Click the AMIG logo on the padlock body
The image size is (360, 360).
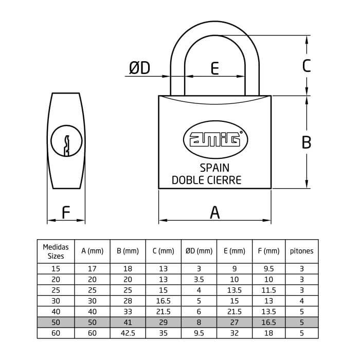tap(215, 139)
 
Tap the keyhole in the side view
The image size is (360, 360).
tap(66, 141)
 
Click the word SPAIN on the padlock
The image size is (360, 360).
tap(214, 168)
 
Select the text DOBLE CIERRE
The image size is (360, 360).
tap(206, 180)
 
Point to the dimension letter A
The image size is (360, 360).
tap(214, 212)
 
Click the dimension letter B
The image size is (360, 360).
tap(307, 142)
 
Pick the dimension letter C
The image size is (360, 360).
tap(307, 66)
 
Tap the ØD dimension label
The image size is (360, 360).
tap(139, 68)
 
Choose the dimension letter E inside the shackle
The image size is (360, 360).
tap(214, 68)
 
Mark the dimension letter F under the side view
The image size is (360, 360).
tap(66, 212)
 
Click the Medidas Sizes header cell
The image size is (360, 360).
tap(56, 251)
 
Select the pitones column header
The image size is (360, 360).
tap(302, 251)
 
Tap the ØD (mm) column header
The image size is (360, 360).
tap(199, 251)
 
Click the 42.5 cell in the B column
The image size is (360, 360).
tap(128, 333)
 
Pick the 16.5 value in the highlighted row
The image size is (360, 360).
tap(268, 322)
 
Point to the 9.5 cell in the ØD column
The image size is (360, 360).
tap(199, 333)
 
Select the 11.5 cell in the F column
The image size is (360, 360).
tap(268, 290)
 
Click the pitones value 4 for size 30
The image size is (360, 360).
tap(302, 301)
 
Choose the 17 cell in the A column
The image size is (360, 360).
tap(92, 268)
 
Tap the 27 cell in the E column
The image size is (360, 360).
tap(234, 322)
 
